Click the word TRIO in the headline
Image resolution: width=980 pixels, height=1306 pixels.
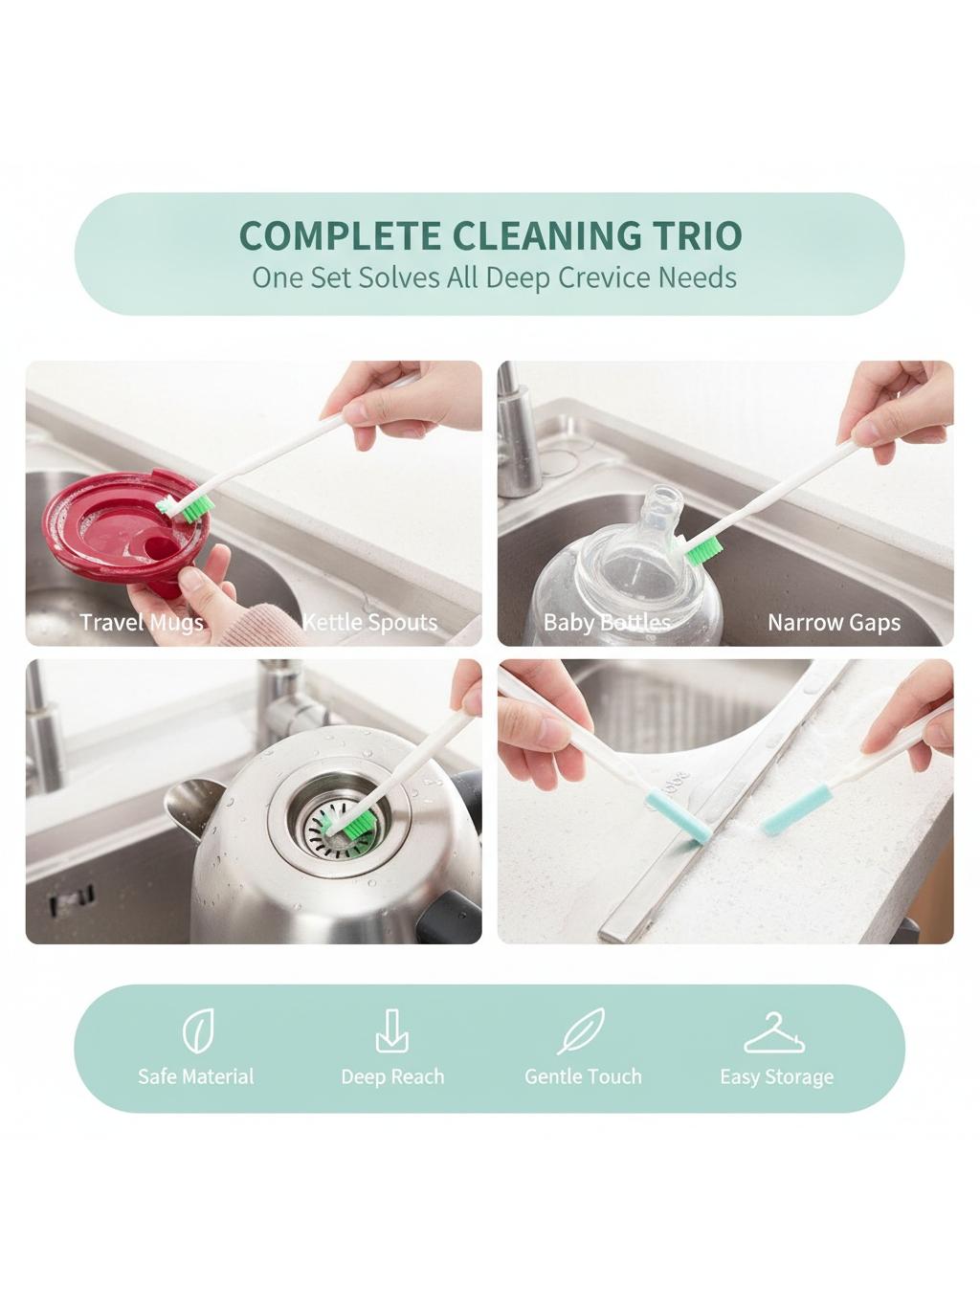pyautogui.click(x=693, y=235)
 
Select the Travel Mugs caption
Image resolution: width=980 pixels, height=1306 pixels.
pyautogui.click(x=142, y=622)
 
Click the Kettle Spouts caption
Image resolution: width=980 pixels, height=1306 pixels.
pyautogui.click(x=370, y=622)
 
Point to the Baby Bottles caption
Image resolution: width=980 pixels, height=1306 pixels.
pyautogui.click(x=607, y=622)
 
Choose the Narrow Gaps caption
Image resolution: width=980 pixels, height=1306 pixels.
pyautogui.click(x=835, y=622)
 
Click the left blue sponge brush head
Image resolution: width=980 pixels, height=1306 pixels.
pyautogui.click(x=679, y=815)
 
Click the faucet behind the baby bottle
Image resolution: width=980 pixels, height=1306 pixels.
pyautogui.click(x=518, y=440)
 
